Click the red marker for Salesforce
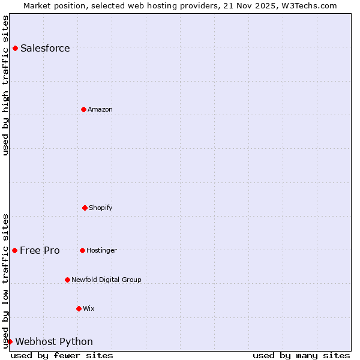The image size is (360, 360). pos(15,48)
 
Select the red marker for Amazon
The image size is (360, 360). pos(83,109)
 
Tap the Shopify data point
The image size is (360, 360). pos(85,208)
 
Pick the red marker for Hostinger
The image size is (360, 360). pos(82,250)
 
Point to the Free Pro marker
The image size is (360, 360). pos(14,250)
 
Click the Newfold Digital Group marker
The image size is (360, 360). pos(67,280)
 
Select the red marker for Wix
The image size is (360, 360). pos(79,308)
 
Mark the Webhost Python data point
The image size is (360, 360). pos(10,341)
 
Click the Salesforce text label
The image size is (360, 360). pos(45,49)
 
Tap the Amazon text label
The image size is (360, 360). pos(100,109)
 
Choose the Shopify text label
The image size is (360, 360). pos(101,208)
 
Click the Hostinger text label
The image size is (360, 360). pos(101,250)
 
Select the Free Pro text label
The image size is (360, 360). pos(40,251)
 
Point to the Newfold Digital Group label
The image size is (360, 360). pos(106,280)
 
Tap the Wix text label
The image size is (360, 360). pos(89,308)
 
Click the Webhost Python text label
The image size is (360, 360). pos(54,342)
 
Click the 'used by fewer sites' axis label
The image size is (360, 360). pos(62,355)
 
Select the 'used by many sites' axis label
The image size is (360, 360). pos(301,355)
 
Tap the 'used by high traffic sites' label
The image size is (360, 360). pos(5,85)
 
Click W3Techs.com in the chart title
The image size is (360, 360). pos(308,5)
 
